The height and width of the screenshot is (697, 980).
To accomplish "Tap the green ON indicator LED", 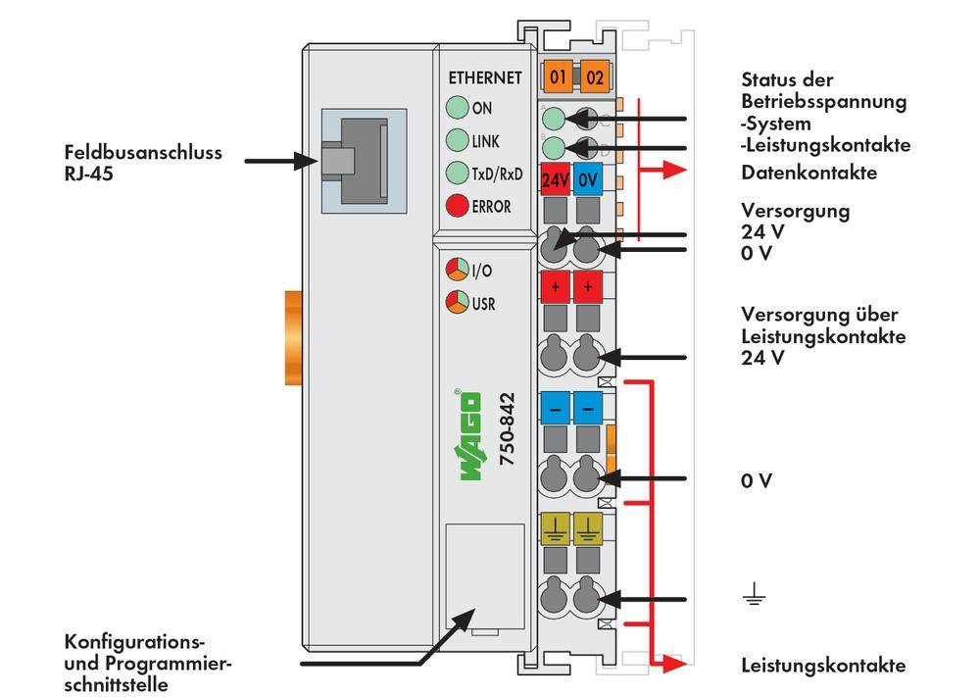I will [456, 109].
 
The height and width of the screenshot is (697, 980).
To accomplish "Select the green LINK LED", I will [456, 141].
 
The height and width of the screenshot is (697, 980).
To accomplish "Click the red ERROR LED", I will [456, 206].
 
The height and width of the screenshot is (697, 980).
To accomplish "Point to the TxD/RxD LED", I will [456, 174].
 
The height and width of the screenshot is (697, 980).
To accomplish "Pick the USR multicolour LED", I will [456, 302].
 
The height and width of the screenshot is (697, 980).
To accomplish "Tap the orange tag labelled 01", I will [559, 76].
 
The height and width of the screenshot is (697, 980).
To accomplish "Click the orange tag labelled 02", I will [593, 76].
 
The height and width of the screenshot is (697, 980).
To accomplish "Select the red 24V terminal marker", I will [556, 180].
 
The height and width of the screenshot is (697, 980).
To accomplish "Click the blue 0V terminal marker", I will [587, 180].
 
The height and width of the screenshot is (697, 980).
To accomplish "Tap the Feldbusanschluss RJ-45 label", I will [142, 163].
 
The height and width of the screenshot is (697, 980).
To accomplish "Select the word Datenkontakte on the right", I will [808, 174].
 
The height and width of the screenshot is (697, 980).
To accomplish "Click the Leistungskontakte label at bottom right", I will [823, 666].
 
